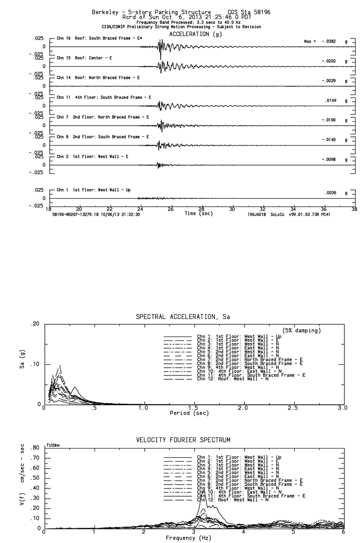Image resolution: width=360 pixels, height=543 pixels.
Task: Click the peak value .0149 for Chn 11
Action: pyautogui.click(x=331, y=101)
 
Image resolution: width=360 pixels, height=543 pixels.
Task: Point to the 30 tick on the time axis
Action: pyautogui.click(x=232, y=210)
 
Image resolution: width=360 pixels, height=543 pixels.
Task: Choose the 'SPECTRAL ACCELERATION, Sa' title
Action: pyautogui.click(x=183, y=317)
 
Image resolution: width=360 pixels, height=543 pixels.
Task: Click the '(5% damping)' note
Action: pyautogui.click(x=302, y=331)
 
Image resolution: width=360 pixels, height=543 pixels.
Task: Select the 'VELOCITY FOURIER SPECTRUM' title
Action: pyautogui.click(x=183, y=440)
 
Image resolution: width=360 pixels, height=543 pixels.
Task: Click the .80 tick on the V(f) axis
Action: pyautogui.click(x=35, y=448)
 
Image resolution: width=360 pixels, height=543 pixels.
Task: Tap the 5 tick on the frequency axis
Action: pyautogui.click(x=293, y=532)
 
